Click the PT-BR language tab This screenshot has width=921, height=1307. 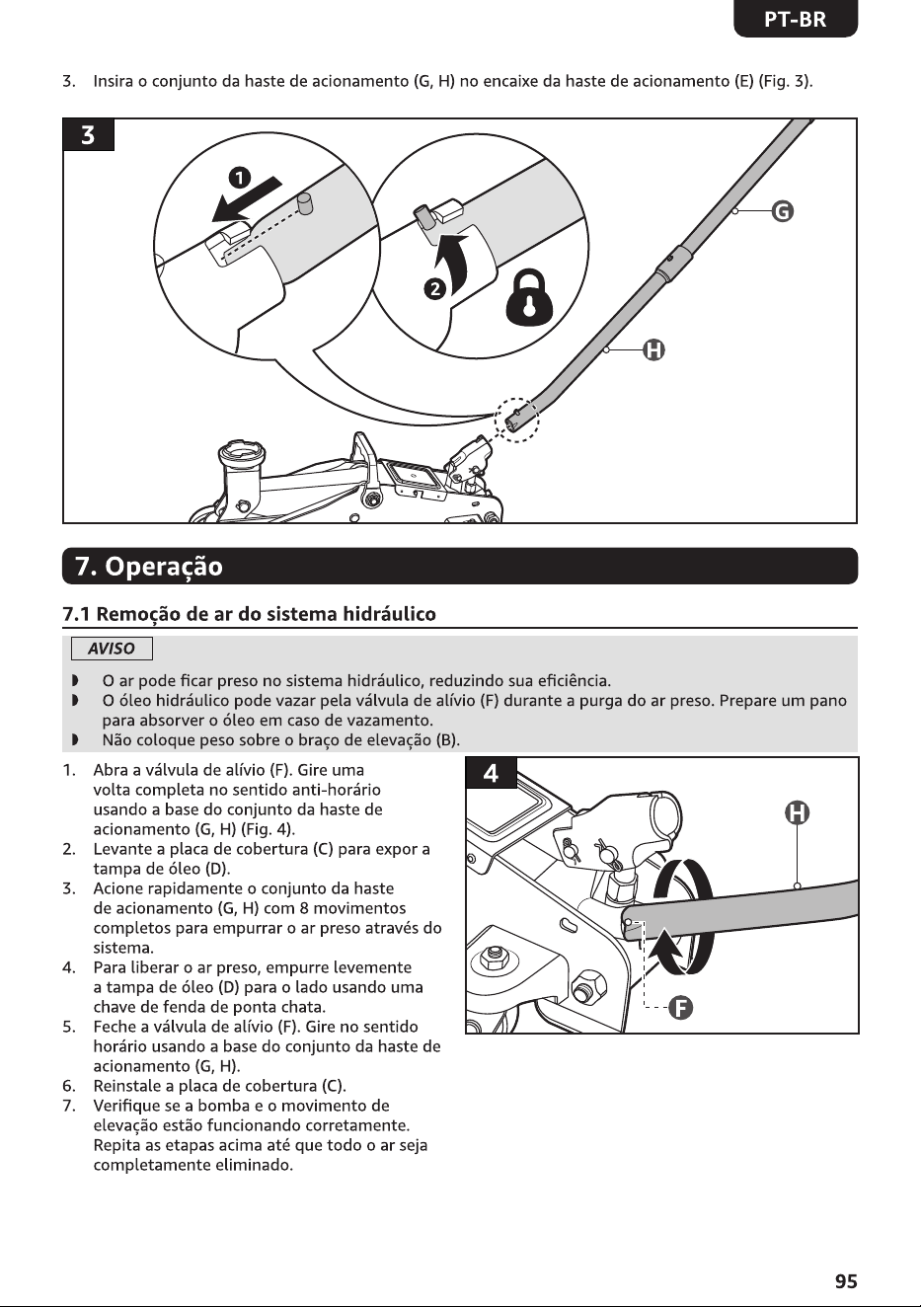(x=796, y=20)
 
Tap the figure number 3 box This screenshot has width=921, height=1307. (x=88, y=135)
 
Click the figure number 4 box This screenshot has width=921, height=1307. (x=492, y=773)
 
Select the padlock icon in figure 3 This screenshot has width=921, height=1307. (x=529, y=298)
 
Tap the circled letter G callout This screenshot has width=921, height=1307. (x=782, y=210)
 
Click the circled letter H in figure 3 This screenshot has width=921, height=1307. (x=653, y=350)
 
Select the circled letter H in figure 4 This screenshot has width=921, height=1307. (x=797, y=812)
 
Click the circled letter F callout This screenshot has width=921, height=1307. (x=680, y=1007)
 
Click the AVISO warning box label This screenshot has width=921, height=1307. (x=112, y=649)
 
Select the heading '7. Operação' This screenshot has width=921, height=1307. (x=149, y=566)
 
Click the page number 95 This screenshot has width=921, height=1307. (x=846, y=1280)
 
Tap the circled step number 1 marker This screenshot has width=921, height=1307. (x=239, y=178)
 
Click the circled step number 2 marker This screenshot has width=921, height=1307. (x=435, y=289)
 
